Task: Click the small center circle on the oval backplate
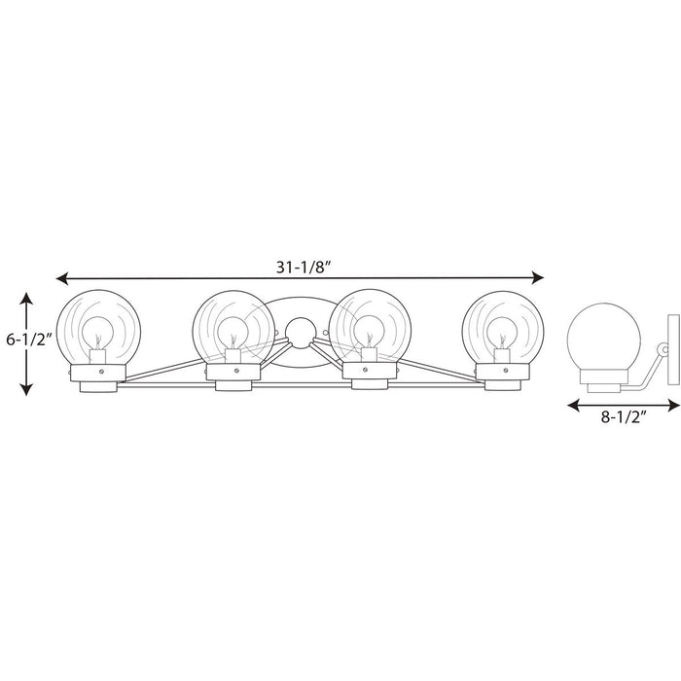300,330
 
